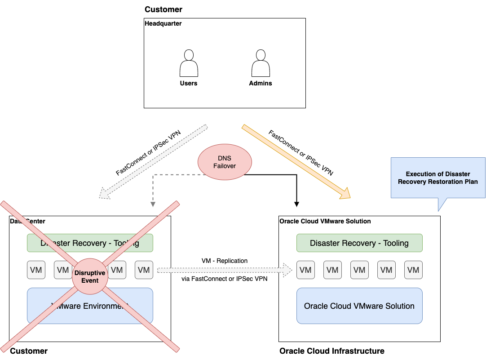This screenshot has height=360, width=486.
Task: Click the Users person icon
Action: point(189,63)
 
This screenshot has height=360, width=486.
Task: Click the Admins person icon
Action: point(261,63)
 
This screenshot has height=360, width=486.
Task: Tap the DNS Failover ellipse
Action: point(225,162)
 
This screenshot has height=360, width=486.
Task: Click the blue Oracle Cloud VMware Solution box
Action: point(359,306)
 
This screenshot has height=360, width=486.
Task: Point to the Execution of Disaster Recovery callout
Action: point(438,178)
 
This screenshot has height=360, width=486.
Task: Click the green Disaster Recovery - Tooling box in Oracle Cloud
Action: point(359,243)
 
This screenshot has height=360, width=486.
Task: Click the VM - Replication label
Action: point(225,261)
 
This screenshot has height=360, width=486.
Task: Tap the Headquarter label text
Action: point(163,23)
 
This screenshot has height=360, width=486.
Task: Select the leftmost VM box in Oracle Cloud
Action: point(305,270)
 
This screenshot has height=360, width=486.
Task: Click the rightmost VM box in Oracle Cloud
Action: point(413,270)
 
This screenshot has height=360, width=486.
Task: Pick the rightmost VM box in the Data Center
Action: point(144,270)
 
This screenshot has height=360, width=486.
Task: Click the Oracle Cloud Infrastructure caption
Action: point(331,351)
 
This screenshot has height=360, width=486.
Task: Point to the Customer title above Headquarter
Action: point(163,9)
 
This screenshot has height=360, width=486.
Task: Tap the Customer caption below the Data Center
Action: point(29,351)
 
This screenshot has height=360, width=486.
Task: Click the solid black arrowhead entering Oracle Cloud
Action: point(296,204)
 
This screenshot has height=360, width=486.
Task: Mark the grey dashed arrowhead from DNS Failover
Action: point(153,204)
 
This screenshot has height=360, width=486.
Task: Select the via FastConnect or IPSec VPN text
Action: point(225,279)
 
